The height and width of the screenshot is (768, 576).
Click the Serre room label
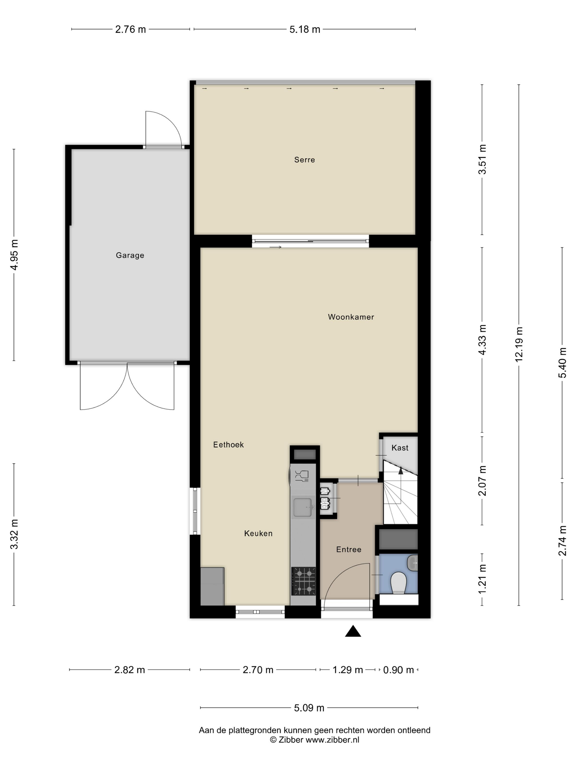304,160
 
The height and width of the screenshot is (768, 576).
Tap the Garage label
130,255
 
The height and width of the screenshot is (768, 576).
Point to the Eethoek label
228,444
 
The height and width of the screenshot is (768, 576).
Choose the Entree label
349,549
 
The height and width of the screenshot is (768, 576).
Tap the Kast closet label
400,448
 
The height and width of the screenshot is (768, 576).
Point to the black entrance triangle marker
353,631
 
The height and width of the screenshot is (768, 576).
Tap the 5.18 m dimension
305,29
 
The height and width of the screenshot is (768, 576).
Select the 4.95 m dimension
14,255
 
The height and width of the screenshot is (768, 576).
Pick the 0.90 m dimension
399,670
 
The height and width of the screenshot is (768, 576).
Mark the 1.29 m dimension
348,670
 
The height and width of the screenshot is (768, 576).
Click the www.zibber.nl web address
332,739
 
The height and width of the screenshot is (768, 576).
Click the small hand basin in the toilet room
412,563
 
